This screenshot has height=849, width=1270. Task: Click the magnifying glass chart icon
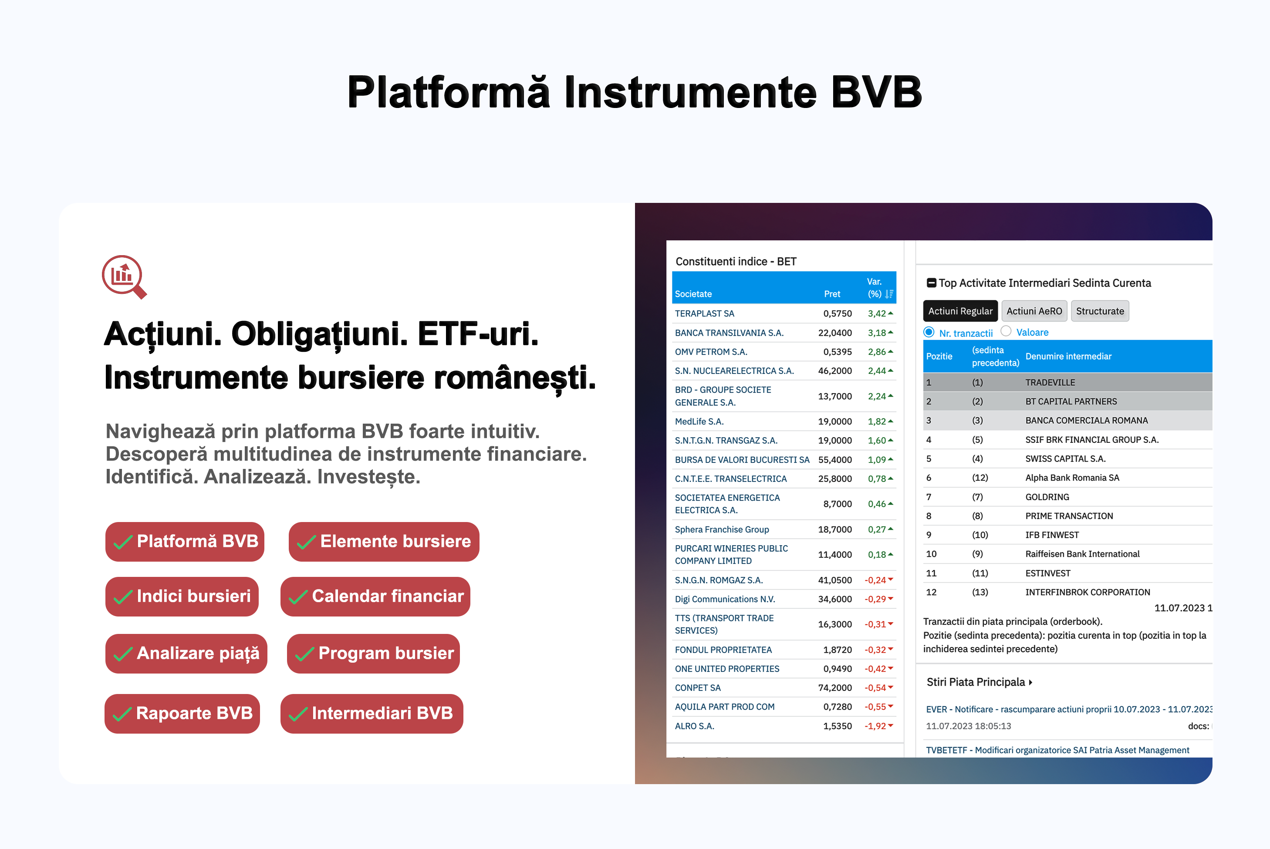point(124,276)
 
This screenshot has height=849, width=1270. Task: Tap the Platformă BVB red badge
point(185,542)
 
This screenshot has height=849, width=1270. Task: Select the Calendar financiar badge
point(375,596)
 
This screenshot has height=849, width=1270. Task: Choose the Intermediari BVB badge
point(372,713)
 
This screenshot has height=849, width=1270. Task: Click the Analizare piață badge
point(186,654)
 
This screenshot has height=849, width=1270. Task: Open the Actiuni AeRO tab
point(1034,311)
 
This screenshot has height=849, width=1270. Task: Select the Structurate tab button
point(1100,311)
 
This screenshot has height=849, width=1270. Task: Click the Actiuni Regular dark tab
point(960,311)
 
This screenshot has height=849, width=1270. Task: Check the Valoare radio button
point(1006,331)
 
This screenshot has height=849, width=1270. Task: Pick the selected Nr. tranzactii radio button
point(929,332)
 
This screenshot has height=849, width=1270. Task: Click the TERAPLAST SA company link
point(704,313)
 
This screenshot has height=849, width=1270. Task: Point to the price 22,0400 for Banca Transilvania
point(834,333)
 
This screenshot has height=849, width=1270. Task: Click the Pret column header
point(832,294)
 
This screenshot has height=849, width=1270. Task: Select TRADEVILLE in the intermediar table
point(1050,382)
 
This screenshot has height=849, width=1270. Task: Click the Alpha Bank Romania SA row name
point(1072,478)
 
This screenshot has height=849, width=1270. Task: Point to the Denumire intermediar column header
point(1068,356)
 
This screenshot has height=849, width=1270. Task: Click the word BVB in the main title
point(876,92)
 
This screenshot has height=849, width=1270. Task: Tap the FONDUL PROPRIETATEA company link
point(723,650)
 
